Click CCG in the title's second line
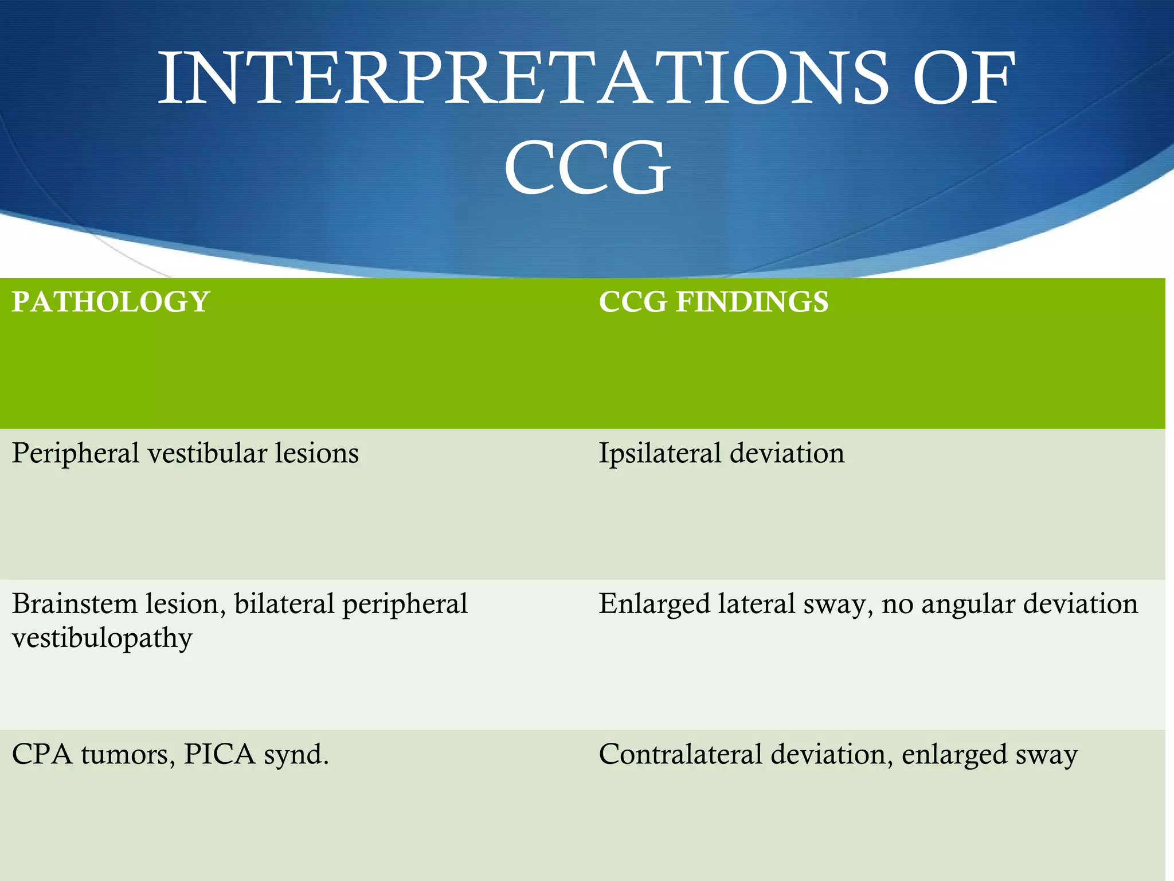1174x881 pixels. (587, 168)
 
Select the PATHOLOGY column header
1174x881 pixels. (111, 302)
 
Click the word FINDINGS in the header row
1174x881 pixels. (752, 302)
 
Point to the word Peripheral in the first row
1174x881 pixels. (76, 454)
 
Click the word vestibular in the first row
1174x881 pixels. (207, 454)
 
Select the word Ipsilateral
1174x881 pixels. (660, 454)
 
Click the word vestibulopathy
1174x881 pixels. (102, 638)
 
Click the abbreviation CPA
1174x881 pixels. (42, 755)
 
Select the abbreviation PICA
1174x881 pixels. (219, 755)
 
